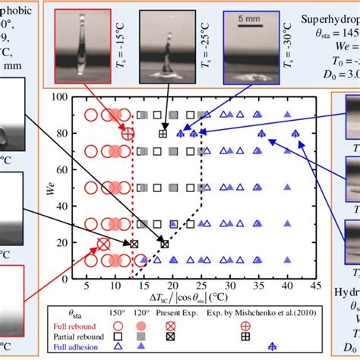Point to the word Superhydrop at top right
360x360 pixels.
click(x=327, y=16)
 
